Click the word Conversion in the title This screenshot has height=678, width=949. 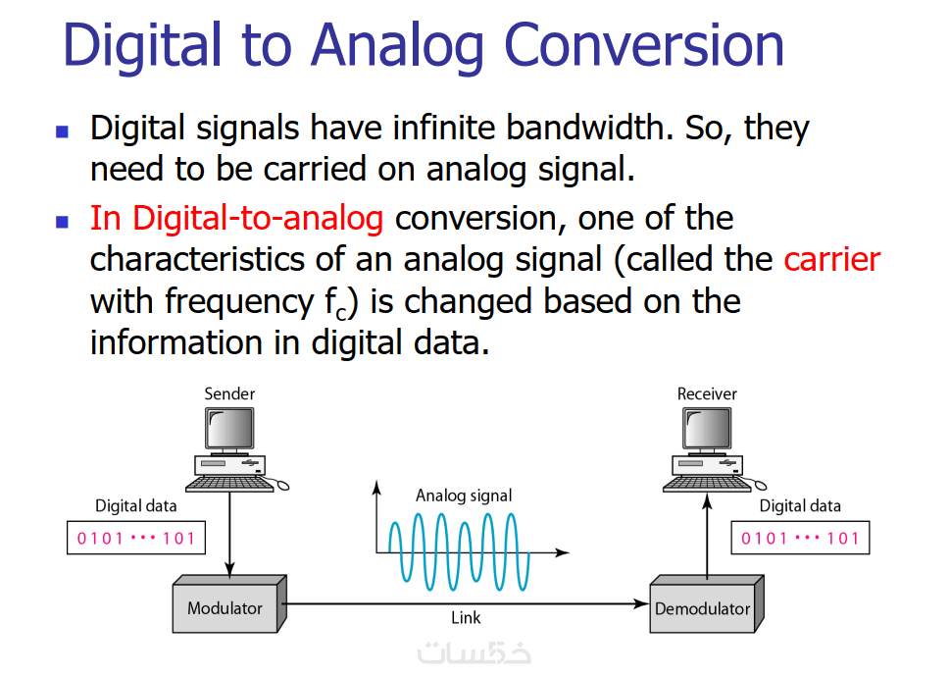point(643,45)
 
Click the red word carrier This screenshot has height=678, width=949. point(831,259)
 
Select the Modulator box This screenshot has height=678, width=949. point(229,604)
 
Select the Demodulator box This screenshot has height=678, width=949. point(706,604)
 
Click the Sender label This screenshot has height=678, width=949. point(229,393)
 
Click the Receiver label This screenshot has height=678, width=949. point(707,393)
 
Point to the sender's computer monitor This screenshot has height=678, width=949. point(229,429)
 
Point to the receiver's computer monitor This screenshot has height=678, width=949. point(707,429)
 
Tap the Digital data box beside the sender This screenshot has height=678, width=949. point(136,538)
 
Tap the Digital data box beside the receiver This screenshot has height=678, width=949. point(800,538)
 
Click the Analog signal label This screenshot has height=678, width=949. point(464,495)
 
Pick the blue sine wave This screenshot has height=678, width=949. point(460,552)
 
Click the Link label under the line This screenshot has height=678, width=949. point(466,618)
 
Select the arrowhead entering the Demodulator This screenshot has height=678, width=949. point(641,603)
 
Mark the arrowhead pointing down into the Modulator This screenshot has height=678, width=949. point(229,568)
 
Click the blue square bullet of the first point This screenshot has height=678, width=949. point(62,130)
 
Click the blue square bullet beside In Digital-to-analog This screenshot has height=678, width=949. point(62,221)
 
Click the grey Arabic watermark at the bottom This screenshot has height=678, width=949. point(474,652)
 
